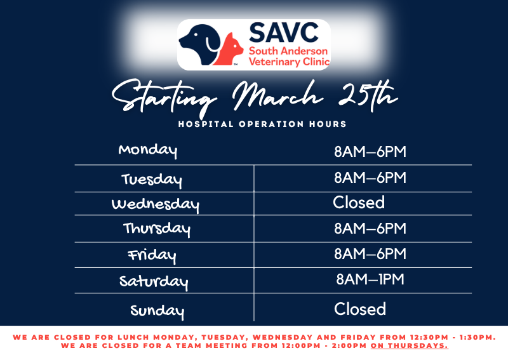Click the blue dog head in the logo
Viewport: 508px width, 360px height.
198,43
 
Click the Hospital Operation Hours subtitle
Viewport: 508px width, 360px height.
262,124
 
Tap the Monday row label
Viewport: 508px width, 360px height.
148,150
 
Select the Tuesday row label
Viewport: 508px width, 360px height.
152,180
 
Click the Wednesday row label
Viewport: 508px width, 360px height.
156,204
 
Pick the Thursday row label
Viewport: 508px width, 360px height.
157,228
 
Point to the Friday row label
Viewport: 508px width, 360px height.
152,255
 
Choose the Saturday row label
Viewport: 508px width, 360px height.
154,281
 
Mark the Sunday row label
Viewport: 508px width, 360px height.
157,311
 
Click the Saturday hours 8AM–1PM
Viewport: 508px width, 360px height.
370,279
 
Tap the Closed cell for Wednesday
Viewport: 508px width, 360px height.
359,203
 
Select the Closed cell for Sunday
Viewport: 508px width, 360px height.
360,309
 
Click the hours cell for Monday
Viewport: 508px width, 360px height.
370,152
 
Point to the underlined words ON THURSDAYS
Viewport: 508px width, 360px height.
409,346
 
